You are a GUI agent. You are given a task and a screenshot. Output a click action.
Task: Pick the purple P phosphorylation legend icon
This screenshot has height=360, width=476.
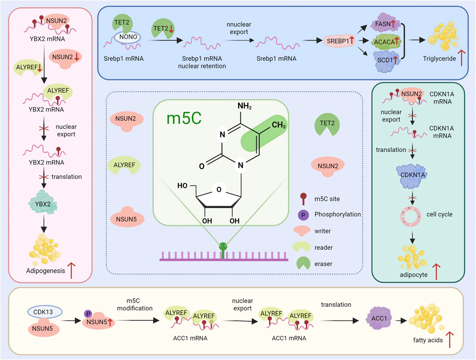(x=304, y=214)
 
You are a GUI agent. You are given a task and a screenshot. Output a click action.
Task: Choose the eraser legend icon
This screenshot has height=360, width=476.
(x=304, y=264)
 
